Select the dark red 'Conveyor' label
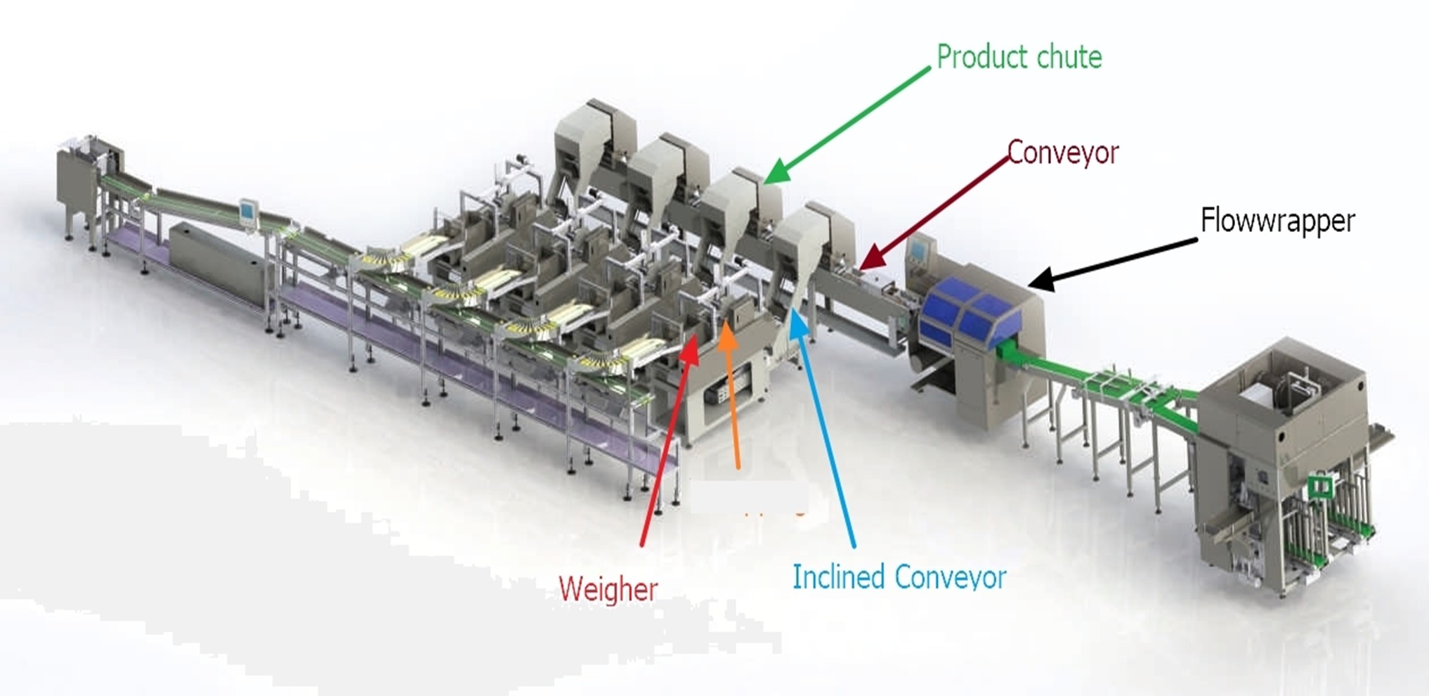pos(1063,153)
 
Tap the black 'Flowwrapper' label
pos(1277,221)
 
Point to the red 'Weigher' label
pos(608,588)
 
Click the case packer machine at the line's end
pos(1286,464)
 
